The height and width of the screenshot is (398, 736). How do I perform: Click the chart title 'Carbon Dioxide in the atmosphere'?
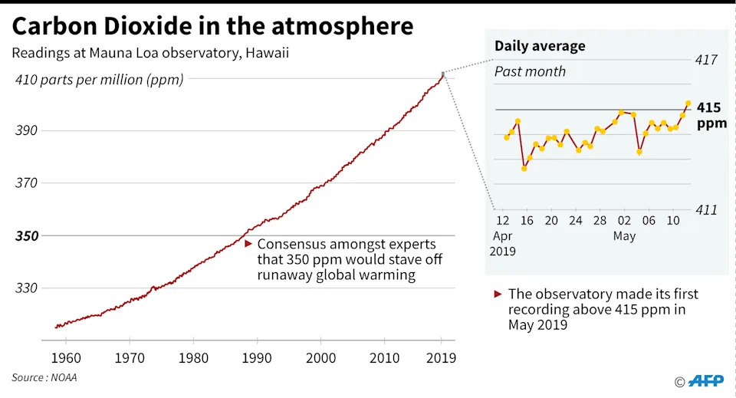213,26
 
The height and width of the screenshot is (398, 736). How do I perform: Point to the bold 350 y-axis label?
28,235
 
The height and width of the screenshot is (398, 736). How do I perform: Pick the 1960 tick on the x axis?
66,357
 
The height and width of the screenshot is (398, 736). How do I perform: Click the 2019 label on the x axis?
441,357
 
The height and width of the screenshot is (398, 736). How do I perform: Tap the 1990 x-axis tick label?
257,357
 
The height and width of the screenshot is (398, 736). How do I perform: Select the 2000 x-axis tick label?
321,357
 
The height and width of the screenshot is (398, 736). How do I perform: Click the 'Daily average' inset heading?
539,46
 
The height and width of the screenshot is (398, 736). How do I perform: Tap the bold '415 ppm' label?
711,116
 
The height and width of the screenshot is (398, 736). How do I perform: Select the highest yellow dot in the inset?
688,103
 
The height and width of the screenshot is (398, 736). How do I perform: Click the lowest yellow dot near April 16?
524,168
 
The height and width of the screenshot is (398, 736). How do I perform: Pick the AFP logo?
705,381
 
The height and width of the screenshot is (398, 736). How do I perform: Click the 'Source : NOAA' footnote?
44,377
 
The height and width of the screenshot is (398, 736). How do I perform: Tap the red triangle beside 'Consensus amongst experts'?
248,243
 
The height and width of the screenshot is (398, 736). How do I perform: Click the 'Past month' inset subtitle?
530,71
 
